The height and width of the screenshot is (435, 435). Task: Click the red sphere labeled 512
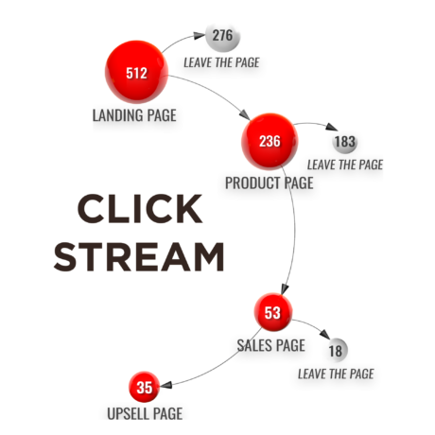(136, 72)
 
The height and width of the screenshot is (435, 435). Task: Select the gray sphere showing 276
(222, 35)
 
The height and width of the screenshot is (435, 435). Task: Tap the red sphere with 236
(270, 142)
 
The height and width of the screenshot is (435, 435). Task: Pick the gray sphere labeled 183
(345, 142)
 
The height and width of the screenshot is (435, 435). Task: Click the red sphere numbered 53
(272, 312)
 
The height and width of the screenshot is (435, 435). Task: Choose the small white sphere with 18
(335, 351)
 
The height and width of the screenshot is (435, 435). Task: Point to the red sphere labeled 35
(144, 387)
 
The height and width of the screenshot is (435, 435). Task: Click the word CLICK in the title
(139, 210)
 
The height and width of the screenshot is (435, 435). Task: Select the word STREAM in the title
(139, 257)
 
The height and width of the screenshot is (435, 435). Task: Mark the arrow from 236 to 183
(312, 125)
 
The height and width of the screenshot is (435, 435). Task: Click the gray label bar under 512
(138, 118)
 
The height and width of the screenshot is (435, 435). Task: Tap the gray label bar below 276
(221, 67)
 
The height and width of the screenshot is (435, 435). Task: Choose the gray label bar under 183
(341, 168)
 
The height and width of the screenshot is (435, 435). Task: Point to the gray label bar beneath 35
(144, 411)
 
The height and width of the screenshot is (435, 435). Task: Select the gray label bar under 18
(335, 376)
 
